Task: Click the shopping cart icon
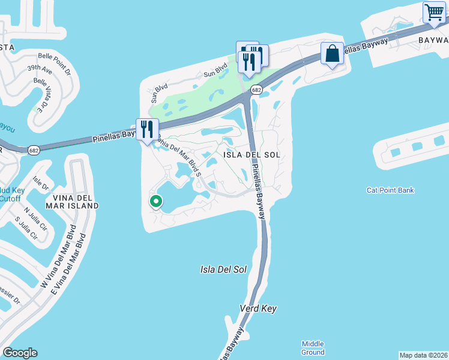(x=434, y=11)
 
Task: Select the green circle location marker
(x=156, y=202)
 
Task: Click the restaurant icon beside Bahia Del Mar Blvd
(x=147, y=128)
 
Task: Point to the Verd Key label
(x=258, y=308)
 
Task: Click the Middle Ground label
(x=313, y=347)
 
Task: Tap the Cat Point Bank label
(x=390, y=191)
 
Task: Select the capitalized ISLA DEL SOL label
(x=252, y=155)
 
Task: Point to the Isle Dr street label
(x=41, y=182)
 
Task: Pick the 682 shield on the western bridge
(x=34, y=150)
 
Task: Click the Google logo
(x=20, y=353)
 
